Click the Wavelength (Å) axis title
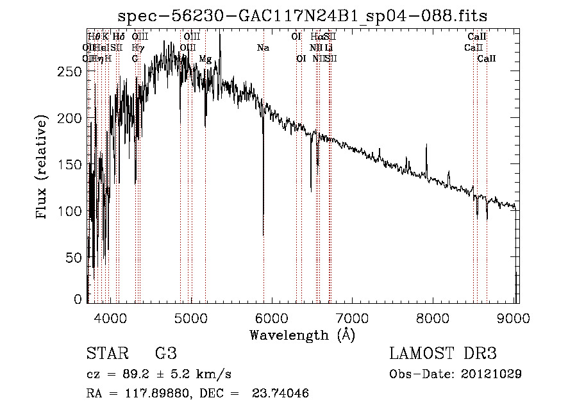302,335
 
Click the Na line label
263,47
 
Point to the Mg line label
205,58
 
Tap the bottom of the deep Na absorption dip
263,235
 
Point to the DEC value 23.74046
283,394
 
